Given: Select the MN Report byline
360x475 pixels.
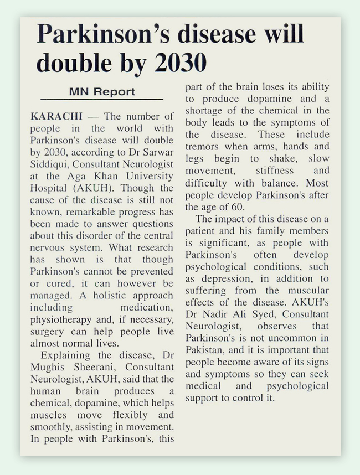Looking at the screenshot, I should (102, 91).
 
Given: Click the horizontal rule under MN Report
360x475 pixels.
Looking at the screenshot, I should (102, 100).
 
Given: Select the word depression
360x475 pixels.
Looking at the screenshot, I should (223, 278).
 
